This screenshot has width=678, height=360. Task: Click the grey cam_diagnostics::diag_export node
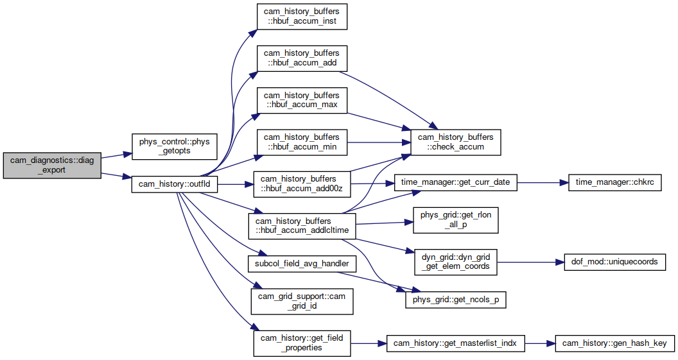pyautogui.click(x=52, y=165)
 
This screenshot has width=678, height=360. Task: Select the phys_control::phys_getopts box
pyautogui.click(x=174, y=146)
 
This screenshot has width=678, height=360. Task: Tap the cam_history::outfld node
pyautogui.click(x=174, y=184)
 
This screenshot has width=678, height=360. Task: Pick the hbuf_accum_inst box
pyautogui.click(x=302, y=17)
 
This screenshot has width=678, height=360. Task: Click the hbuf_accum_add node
pyautogui.click(x=302, y=58)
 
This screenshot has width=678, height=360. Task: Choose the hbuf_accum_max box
pyautogui.click(x=302, y=100)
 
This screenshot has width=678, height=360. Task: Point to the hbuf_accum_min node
pyautogui.click(x=302, y=142)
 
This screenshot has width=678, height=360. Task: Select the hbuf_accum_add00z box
pyautogui.click(x=302, y=184)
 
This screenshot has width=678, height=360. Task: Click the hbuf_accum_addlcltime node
pyautogui.click(x=302, y=226)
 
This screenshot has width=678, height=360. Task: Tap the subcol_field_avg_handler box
pyautogui.click(x=302, y=264)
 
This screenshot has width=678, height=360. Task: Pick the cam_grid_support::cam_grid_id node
pyautogui.click(x=302, y=301)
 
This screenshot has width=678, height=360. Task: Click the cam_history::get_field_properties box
pyautogui.click(x=302, y=343)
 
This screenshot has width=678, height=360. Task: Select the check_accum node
pyautogui.click(x=455, y=142)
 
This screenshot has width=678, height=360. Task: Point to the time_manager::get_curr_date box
pyautogui.click(x=455, y=182)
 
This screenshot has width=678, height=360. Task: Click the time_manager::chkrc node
pyautogui.click(x=614, y=182)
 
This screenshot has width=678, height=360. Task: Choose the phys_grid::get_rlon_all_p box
pyautogui.click(x=455, y=220)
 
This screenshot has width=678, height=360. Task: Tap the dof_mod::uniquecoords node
pyautogui.click(x=614, y=262)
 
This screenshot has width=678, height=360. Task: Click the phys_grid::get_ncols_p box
pyautogui.click(x=455, y=300)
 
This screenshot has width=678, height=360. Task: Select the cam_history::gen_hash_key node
pyautogui.click(x=614, y=343)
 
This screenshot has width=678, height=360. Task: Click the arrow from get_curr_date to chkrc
pyautogui.click(x=543, y=182)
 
